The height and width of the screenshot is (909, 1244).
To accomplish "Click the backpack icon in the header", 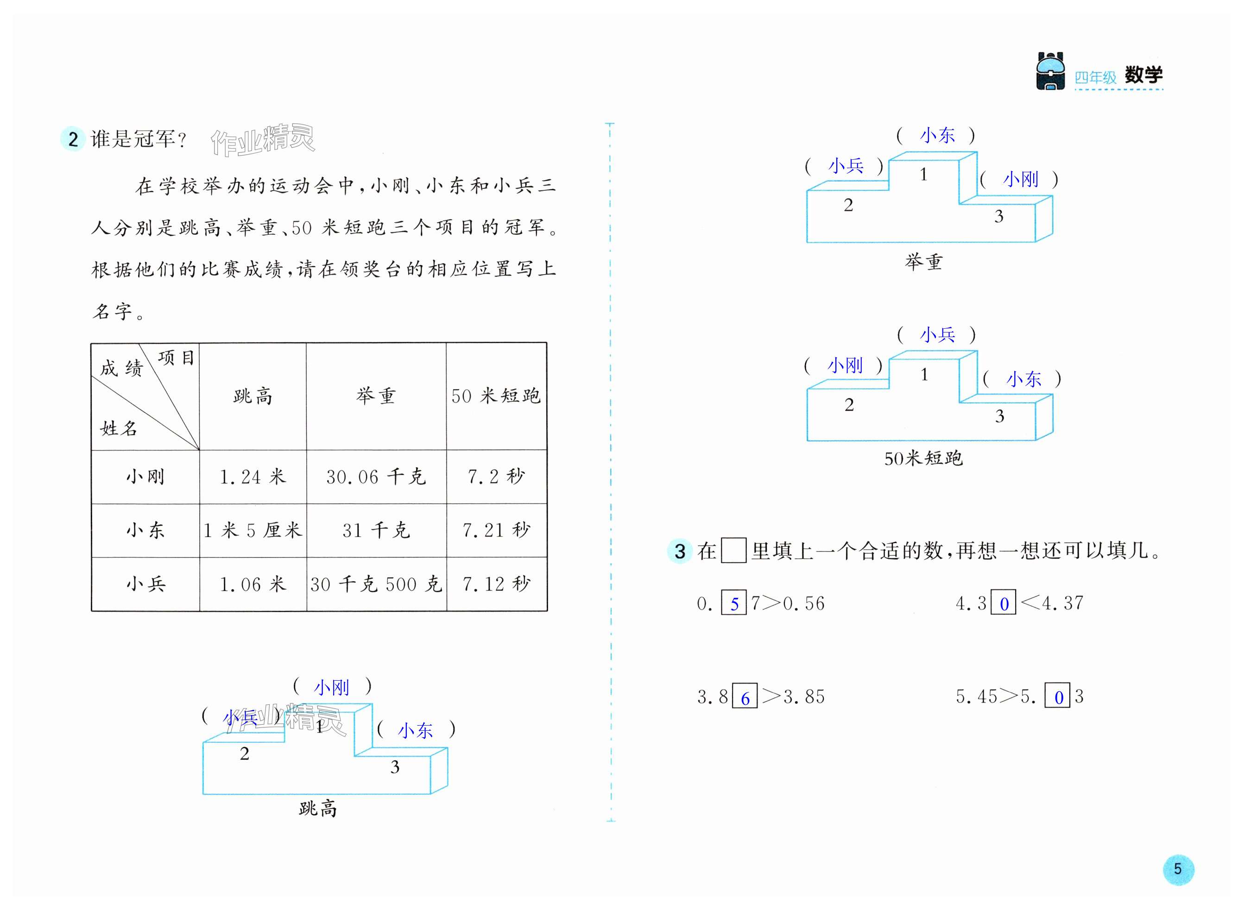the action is (x=1050, y=71).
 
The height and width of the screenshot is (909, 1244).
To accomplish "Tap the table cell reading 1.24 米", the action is (x=253, y=476).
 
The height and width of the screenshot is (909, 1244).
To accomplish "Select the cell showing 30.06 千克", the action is (x=376, y=476).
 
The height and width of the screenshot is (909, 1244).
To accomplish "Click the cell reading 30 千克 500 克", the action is (x=376, y=584).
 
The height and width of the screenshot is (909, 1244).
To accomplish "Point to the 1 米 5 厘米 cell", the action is (x=253, y=530).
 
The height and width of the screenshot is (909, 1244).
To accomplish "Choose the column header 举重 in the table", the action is (x=376, y=395).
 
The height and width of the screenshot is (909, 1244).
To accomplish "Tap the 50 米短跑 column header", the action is (x=496, y=395).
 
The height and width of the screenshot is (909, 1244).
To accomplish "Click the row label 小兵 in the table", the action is (x=145, y=584).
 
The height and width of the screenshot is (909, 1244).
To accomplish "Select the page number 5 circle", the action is (x=1177, y=869).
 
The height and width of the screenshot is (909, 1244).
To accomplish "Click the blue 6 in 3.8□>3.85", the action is (x=745, y=698).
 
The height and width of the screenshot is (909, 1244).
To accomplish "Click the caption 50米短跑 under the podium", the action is (x=923, y=458).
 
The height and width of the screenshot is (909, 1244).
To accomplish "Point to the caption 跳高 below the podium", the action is (x=318, y=809).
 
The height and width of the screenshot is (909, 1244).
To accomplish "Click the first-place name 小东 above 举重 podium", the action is (x=937, y=135).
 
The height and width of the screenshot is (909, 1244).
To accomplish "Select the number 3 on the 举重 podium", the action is (x=998, y=216).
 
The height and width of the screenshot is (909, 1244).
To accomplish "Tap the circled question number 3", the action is (x=680, y=551).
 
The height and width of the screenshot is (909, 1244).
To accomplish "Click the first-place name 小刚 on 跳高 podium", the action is (x=331, y=687).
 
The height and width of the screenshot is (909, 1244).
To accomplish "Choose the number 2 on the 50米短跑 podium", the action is (x=849, y=405).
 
